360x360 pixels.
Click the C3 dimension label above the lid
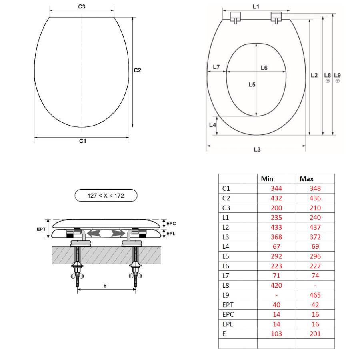[x=82, y=6]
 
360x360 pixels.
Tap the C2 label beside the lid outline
[x=137, y=70]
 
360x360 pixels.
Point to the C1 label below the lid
[x=83, y=141]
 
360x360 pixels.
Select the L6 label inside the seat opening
[x=264, y=68]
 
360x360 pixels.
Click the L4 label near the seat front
[x=213, y=125]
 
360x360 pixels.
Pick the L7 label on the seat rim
[x=216, y=67]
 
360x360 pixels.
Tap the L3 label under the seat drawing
[x=257, y=150]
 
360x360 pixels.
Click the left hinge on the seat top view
[x=236, y=18]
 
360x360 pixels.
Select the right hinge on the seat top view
[x=276, y=18]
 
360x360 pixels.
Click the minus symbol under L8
[x=328, y=81]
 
